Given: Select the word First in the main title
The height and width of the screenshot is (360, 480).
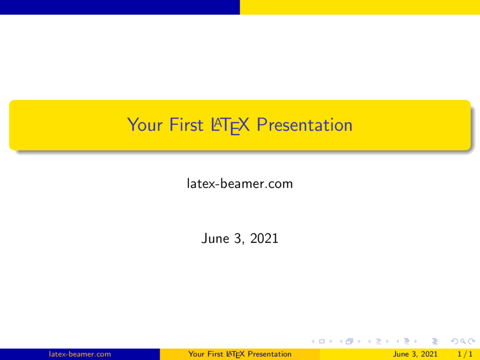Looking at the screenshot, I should tap(187, 125).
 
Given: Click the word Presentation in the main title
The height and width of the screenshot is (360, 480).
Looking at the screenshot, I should tap(305, 125).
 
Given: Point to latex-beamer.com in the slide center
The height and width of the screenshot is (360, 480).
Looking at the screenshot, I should tap(240, 184).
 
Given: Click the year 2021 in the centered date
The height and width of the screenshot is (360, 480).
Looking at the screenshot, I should tap(264, 239).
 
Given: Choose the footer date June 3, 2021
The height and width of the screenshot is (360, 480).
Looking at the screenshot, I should tap(415, 354).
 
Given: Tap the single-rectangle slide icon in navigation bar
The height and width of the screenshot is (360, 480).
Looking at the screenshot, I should tap(322, 341).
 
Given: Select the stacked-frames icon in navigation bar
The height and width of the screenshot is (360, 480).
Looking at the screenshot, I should tap(349, 341).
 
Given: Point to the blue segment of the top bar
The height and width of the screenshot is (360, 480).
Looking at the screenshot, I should tap(120, 7).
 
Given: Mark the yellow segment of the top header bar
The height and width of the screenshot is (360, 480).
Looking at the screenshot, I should tap(360, 7).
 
